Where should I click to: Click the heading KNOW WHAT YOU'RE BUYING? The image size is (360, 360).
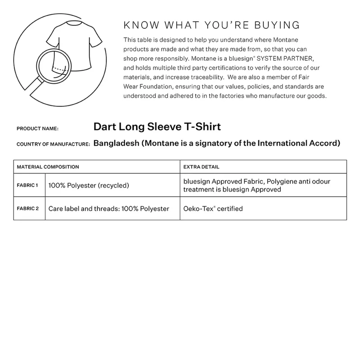click(x=211, y=24)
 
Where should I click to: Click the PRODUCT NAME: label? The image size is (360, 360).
click(x=37, y=129)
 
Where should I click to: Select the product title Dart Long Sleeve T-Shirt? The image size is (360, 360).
click(x=157, y=126)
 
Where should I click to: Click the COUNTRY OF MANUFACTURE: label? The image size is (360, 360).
click(x=53, y=144)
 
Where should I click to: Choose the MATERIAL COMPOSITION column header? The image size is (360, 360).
click(x=48, y=167)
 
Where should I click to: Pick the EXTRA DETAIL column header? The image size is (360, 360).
click(x=201, y=167)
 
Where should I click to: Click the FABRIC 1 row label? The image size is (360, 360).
click(x=27, y=185)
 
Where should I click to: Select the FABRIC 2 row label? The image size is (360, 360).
click(x=27, y=209)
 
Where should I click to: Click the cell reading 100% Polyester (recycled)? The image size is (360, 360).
click(x=89, y=185)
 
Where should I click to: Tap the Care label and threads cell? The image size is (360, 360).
click(x=108, y=209)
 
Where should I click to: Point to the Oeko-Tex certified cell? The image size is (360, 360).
click(x=213, y=209)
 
